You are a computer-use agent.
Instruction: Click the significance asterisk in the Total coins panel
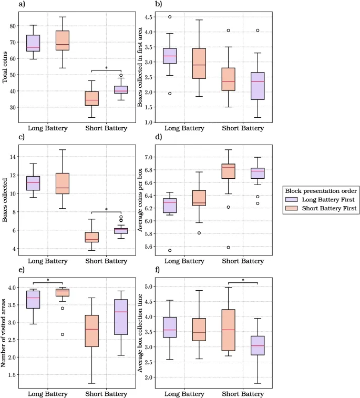pyautogui.click(x=106, y=68)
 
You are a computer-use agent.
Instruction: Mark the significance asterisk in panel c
pyautogui.click(x=106, y=210)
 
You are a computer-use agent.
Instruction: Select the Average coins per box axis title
pyautogui.click(x=141, y=201)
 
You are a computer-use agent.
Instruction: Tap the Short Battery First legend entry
pyautogui.click(x=326, y=209)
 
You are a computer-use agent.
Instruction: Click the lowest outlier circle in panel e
pyautogui.click(x=63, y=334)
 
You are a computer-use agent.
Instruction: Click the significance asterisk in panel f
pyautogui.click(x=243, y=280)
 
